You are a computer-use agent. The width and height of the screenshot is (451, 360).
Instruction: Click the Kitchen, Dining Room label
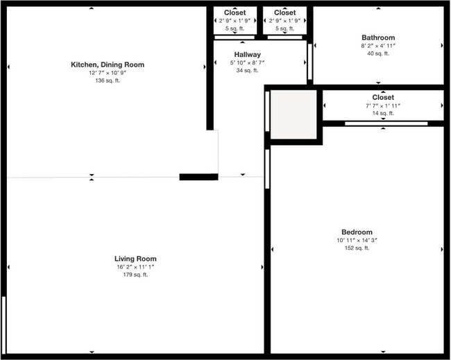(x=108, y=65)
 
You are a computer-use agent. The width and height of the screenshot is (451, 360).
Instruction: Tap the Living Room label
(x=135, y=259)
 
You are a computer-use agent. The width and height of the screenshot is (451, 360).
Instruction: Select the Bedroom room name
(x=357, y=232)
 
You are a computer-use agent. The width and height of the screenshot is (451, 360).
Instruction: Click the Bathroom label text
(x=378, y=37)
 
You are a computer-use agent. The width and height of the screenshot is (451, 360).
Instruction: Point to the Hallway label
(x=248, y=54)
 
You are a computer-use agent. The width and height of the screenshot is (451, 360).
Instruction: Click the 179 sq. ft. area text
(x=135, y=275)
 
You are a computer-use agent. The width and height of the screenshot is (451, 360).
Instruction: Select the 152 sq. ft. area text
(x=357, y=248)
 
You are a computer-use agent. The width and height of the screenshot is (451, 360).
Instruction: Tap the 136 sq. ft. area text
(x=108, y=80)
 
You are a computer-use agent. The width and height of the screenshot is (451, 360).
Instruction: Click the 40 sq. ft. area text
(x=378, y=53)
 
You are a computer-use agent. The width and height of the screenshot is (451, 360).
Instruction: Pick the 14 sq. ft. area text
(x=383, y=113)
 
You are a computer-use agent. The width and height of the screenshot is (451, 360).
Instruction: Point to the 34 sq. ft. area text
(x=248, y=70)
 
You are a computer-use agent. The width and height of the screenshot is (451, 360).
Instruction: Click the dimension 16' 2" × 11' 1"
(x=135, y=267)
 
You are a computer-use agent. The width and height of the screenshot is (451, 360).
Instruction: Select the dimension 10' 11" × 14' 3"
(x=357, y=240)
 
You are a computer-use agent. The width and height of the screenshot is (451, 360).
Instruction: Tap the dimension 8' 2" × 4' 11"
(x=378, y=46)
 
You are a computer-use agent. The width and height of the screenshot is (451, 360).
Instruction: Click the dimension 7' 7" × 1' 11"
(x=383, y=105)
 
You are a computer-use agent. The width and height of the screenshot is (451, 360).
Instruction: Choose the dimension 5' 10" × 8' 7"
(x=248, y=62)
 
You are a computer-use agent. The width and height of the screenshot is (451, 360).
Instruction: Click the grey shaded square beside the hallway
(x=293, y=114)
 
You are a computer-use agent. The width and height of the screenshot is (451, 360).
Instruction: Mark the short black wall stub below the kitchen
(x=198, y=177)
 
